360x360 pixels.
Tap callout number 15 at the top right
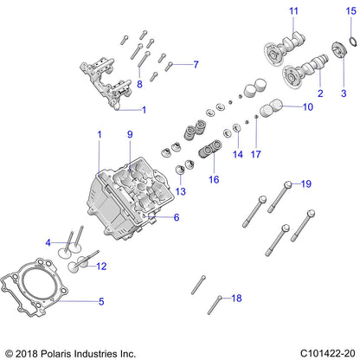[350, 10]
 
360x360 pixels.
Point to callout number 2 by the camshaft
[319, 93]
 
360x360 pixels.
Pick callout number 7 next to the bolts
[196, 65]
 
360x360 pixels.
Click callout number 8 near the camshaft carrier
[139, 83]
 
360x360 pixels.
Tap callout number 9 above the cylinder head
[130, 134]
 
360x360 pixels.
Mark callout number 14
[237, 154]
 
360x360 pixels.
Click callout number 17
[255, 154]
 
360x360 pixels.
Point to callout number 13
[180, 191]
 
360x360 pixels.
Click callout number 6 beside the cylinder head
[176, 217]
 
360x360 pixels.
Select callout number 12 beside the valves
[100, 267]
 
